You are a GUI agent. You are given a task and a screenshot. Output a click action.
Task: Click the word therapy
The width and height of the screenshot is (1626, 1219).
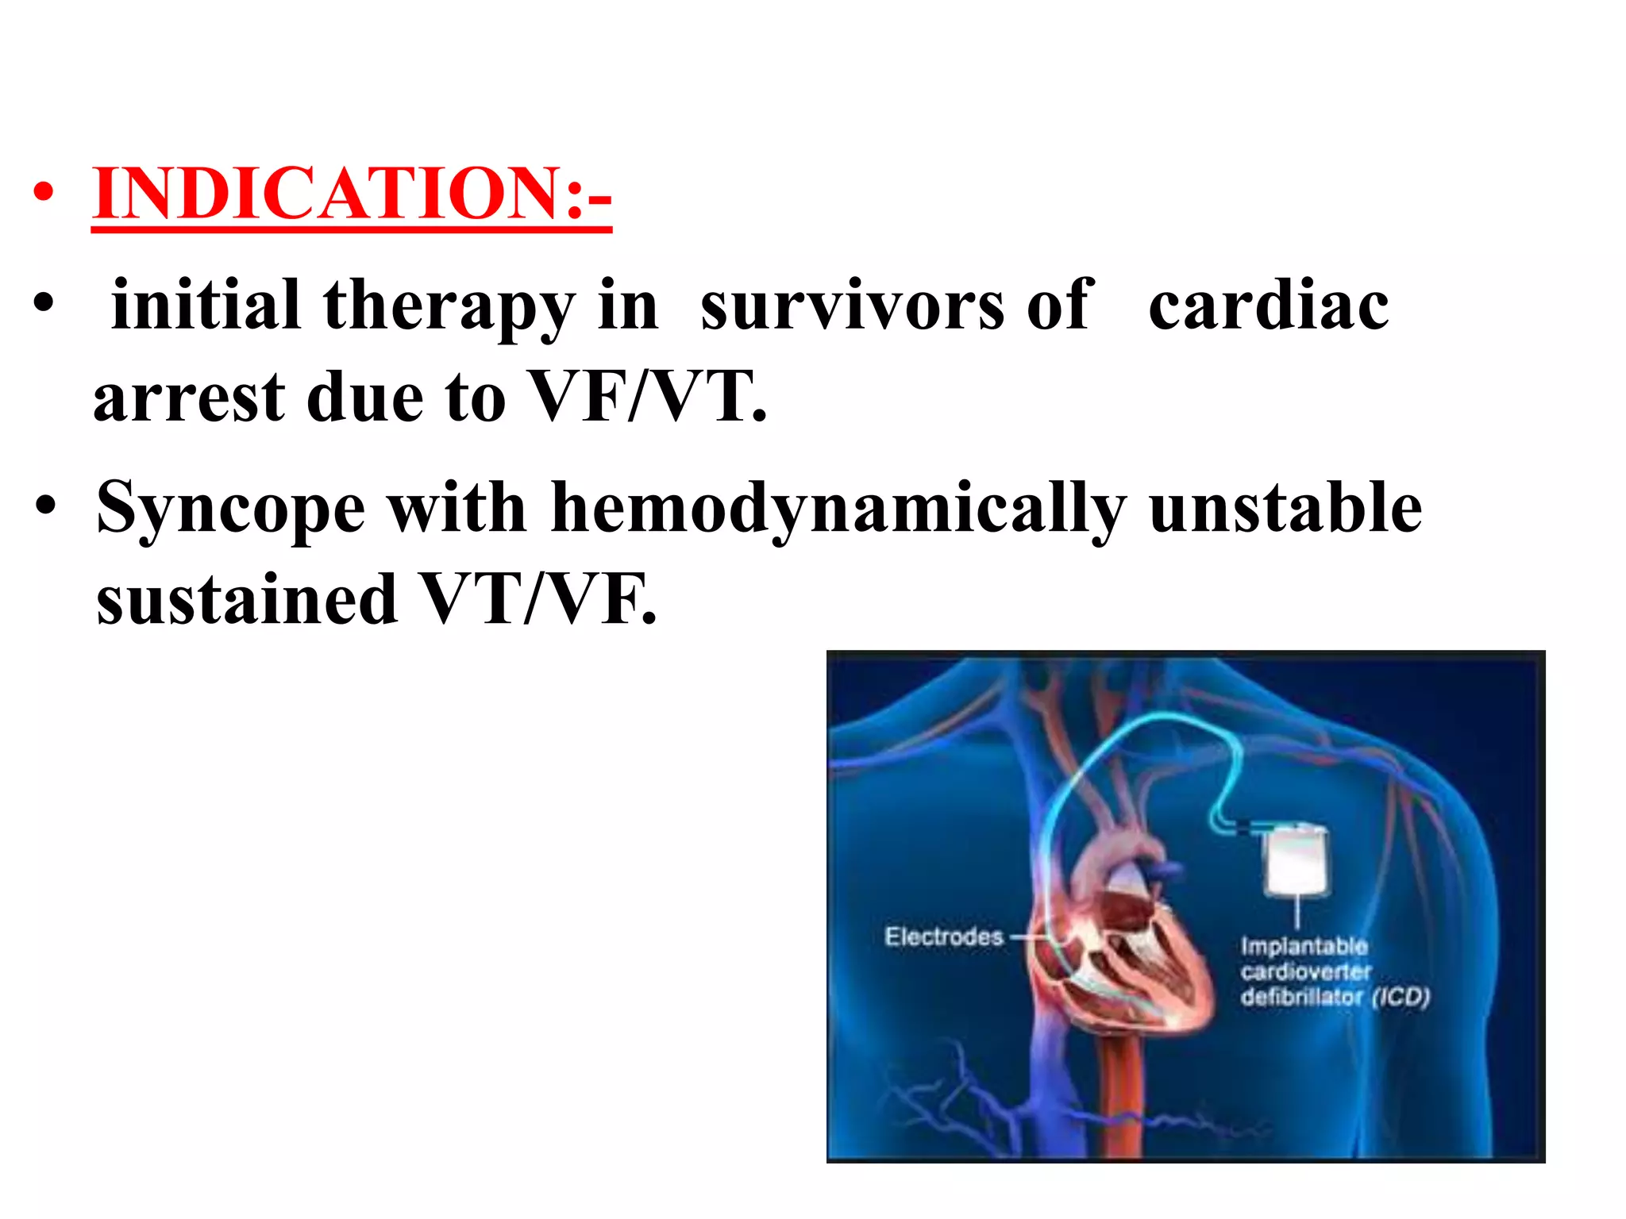click(x=449, y=308)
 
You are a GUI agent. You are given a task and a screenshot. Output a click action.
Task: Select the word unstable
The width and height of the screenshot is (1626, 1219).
click(x=1285, y=508)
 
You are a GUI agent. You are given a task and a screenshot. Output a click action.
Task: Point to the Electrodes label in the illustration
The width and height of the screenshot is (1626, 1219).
click(x=943, y=936)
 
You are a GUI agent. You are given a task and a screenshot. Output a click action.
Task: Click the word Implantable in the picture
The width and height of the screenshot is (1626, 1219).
click(x=1304, y=946)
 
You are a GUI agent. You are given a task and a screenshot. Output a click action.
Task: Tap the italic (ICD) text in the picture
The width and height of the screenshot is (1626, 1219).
click(x=1401, y=996)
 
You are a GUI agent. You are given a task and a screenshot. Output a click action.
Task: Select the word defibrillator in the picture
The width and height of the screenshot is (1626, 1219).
click(x=1301, y=997)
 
